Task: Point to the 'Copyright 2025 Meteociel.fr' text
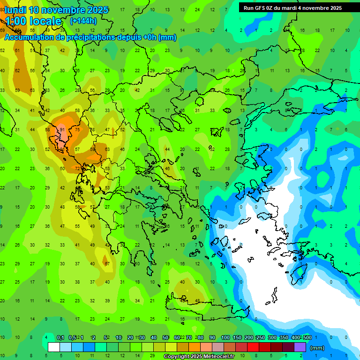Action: click(205, 357)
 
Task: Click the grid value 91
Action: click(62, 129)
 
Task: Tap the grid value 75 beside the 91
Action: click(77, 129)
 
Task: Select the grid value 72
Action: click(77, 168)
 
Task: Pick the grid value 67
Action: click(107, 263)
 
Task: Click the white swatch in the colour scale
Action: click(54, 347)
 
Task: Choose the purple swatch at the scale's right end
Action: click(300, 347)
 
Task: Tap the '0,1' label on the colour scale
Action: click(60, 338)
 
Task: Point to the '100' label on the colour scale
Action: click(225, 338)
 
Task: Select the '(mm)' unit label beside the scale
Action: click(317, 348)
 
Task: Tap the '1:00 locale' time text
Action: click(33, 21)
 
